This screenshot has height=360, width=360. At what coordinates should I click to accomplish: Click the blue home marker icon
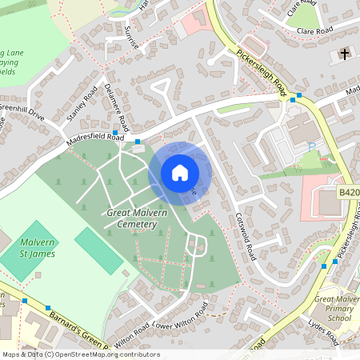(179, 172)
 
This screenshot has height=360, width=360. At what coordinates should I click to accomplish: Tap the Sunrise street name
(131, 37)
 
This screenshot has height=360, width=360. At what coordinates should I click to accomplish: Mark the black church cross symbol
(344, 55)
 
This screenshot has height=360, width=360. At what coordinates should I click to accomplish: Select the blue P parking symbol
(311, 146)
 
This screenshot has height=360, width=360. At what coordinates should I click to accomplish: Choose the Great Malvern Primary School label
(336, 308)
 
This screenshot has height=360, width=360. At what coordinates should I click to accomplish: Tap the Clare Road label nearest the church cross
(314, 30)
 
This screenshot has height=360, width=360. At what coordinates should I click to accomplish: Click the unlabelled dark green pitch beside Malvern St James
(99, 250)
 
